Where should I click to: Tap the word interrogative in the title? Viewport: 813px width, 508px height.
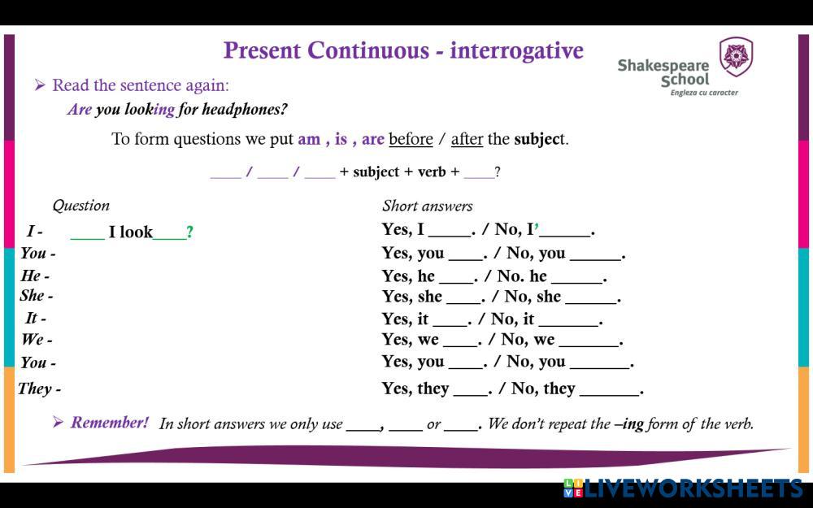pyautogui.click(x=516, y=50)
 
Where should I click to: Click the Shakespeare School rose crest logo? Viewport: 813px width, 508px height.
pyautogui.click(x=736, y=57)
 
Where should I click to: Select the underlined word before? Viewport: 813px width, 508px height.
pyautogui.click(x=411, y=139)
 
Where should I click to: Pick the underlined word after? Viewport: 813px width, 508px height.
pyautogui.click(x=467, y=139)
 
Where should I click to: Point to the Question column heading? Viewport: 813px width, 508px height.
pyautogui.click(x=80, y=206)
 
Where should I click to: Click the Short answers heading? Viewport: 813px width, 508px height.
pyautogui.click(x=428, y=206)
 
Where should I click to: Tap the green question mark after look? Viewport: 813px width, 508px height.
pyautogui.click(x=189, y=232)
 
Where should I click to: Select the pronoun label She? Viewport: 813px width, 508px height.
pyautogui.click(x=33, y=296)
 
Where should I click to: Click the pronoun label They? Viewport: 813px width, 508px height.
pyautogui.click(x=35, y=389)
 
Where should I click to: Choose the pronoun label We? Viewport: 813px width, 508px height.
pyautogui.click(x=33, y=340)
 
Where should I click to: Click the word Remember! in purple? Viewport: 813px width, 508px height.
pyautogui.click(x=110, y=423)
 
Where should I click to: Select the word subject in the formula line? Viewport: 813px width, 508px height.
pyautogui.click(x=376, y=172)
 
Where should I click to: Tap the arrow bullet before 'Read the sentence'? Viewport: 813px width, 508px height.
pyautogui.click(x=40, y=85)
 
